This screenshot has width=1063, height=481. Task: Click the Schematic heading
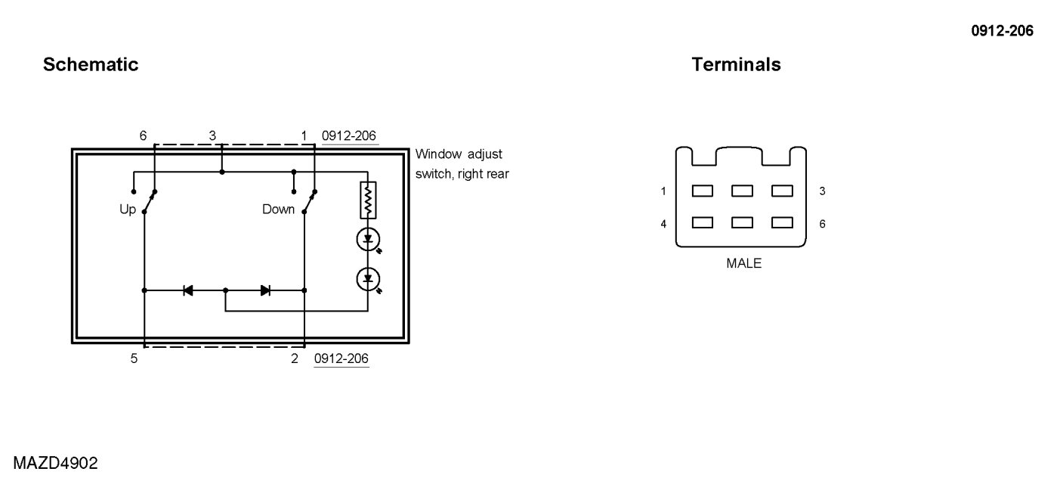tap(91, 65)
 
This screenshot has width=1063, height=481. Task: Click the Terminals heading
tap(736, 65)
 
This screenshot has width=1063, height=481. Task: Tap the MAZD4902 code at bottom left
tap(55, 463)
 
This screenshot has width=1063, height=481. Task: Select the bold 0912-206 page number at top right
tap(1002, 31)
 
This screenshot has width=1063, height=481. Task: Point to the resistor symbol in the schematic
tap(368, 199)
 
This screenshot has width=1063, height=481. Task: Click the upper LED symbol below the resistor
tap(368, 240)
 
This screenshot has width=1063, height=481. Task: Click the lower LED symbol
tap(368, 279)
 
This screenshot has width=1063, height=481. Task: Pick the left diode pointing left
tap(188, 290)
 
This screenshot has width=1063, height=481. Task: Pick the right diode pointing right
tap(265, 290)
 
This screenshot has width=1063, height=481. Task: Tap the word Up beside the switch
tap(128, 209)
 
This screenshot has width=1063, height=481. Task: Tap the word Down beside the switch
tap(278, 209)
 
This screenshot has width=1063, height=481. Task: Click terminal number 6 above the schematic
tap(143, 136)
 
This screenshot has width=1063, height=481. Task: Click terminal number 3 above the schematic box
tap(212, 136)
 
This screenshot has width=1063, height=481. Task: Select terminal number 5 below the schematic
tap(134, 358)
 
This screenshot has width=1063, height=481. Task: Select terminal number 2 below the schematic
tap(295, 358)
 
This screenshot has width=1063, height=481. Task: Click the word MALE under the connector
tap(743, 264)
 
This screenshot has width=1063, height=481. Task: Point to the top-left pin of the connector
tap(703, 191)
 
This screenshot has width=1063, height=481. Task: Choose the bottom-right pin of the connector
tap(782, 223)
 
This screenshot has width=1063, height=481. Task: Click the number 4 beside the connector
tap(663, 224)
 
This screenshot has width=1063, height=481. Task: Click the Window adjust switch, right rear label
tap(462, 164)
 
